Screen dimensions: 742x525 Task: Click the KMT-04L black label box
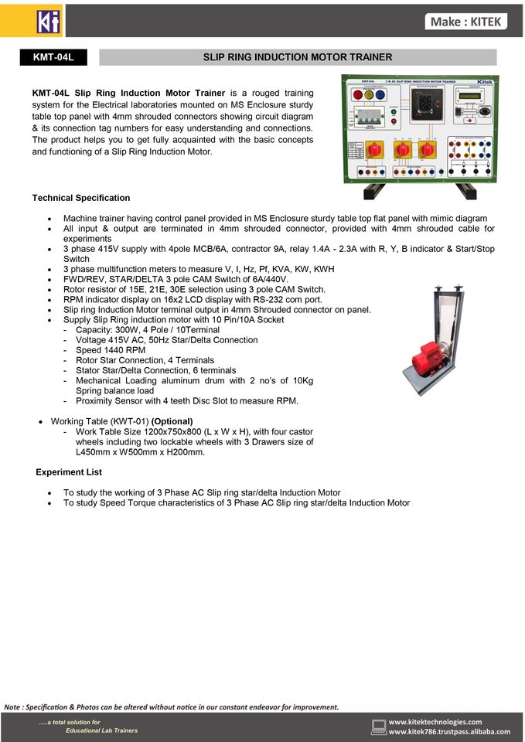point(53,57)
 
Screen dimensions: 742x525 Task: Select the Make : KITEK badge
point(466,22)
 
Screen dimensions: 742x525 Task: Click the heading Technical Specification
point(81,198)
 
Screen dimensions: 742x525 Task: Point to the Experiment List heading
point(69,471)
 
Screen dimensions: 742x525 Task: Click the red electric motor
point(427,359)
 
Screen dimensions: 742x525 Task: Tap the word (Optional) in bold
point(172,421)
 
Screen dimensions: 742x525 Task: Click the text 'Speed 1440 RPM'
point(111,350)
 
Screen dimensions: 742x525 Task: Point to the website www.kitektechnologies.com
point(435,722)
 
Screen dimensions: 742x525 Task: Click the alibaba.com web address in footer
point(449,732)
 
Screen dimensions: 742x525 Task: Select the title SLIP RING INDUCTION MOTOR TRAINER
point(298,57)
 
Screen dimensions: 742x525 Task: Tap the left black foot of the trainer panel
point(373,190)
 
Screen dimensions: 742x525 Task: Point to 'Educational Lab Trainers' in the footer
point(101,730)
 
